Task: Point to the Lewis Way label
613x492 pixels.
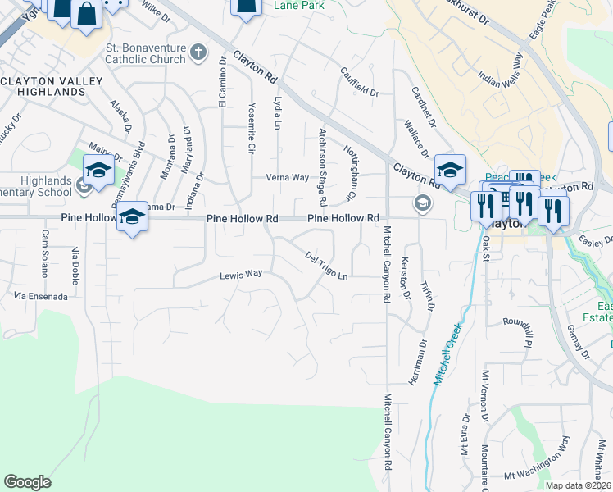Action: point(240,274)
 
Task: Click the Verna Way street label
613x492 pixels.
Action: point(287,177)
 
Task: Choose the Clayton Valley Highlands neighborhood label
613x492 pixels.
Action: point(52,86)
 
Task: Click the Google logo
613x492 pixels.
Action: point(27,482)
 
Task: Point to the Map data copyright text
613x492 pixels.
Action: point(579,485)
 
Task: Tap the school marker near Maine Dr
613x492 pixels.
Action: point(98,171)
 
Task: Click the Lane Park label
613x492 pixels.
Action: point(298,6)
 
